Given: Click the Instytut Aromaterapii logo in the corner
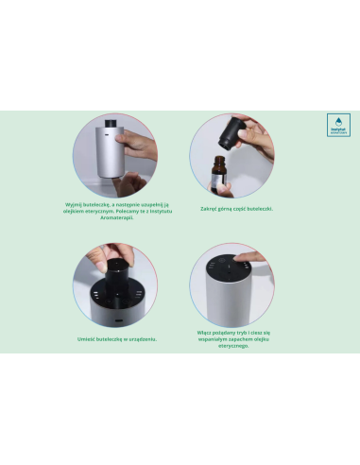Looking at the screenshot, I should tap(337, 127).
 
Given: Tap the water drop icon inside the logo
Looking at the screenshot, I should tap(337, 122).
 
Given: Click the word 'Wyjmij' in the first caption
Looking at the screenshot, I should tap(76, 203).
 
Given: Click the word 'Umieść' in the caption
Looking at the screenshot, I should tap(90, 337).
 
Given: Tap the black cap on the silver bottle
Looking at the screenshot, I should tap(109, 124).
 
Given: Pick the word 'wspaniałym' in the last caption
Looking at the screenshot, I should tap(217, 340).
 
